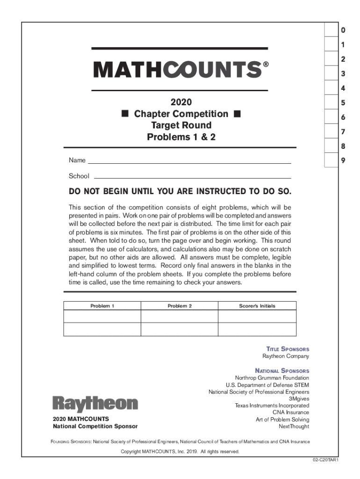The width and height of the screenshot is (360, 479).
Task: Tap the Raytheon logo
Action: click(x=95, y=404)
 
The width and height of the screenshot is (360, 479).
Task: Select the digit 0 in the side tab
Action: click(x=343, y=31)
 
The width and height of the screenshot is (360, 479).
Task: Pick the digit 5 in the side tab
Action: click(x=343, y=103)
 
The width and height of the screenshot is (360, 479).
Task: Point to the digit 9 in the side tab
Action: click(x=343, y=160)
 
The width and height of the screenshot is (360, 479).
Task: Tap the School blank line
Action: click(x=193, y=177)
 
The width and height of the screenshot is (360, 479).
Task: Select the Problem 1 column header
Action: click(x=102, y=306)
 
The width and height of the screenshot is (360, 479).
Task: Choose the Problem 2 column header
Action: click(x=180, y=306)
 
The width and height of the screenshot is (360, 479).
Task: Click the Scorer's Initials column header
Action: click(x=257, y=306)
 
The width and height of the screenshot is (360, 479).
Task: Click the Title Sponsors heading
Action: click(x=288, y=349)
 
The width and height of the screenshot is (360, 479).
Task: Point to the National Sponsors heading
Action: click(x=282, y=370)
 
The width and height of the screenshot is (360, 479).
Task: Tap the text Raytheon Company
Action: click(x=285, y=356)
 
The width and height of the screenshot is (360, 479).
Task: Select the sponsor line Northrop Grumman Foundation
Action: click(x=272, y=378)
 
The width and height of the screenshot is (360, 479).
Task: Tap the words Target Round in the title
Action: click(x=180, y=125)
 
